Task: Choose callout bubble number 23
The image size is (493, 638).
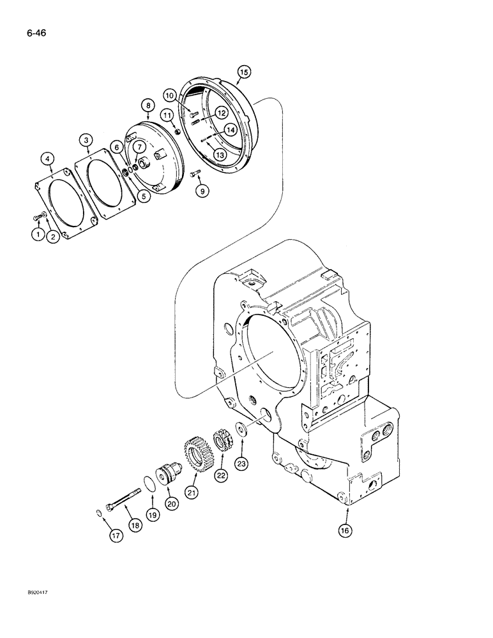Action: click(x=241, y=463)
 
